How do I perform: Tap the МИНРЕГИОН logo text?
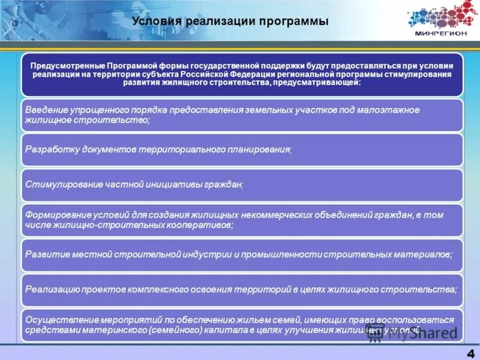pos(440,34)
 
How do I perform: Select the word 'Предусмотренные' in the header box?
pos(66,64)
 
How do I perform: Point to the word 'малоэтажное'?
pos(390,110)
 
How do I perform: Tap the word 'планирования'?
pos(260,149)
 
